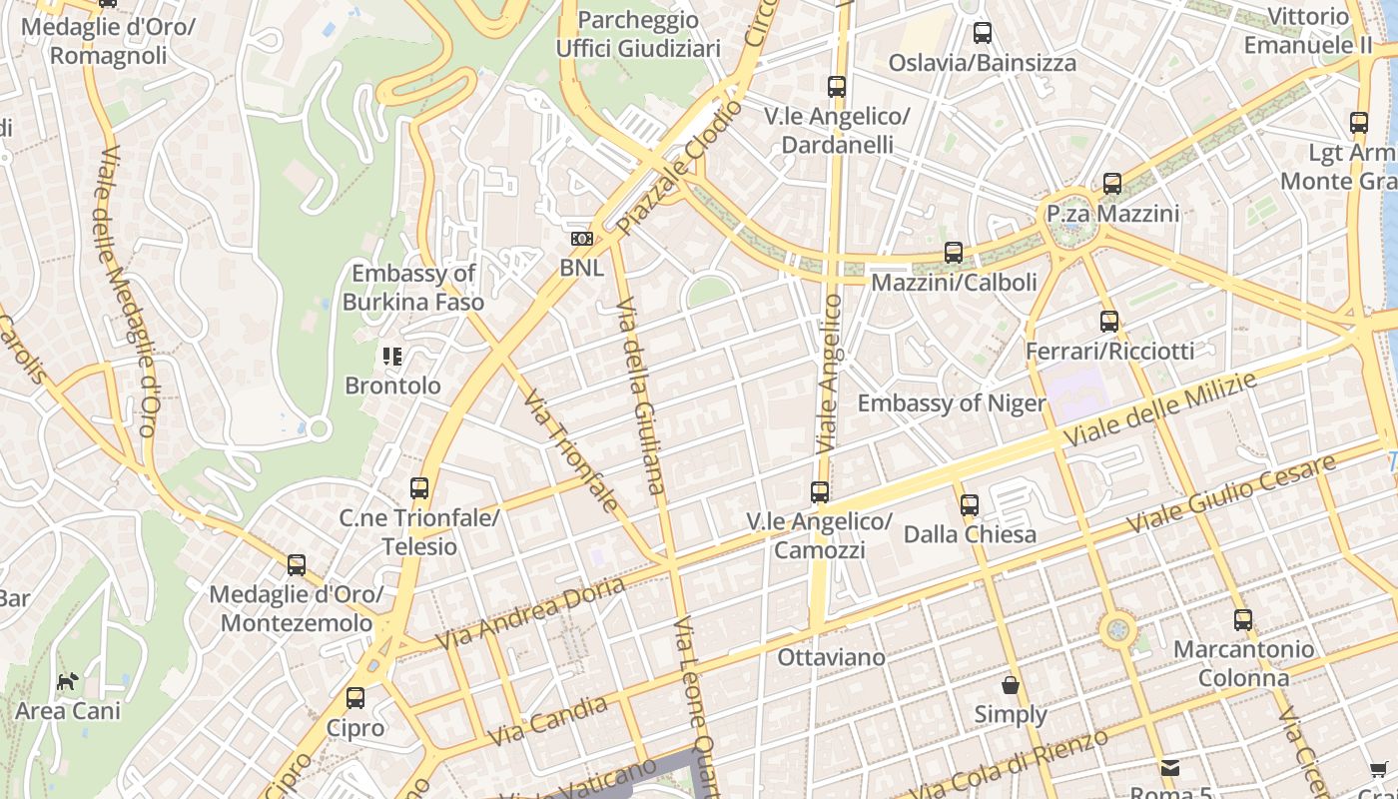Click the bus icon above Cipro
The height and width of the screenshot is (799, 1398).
(355, 698)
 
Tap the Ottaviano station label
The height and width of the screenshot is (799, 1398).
(831, 657)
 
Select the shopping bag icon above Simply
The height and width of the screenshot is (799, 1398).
(1011, 685)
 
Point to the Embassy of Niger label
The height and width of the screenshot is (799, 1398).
(952, 403)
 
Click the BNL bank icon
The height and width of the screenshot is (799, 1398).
(581, 239)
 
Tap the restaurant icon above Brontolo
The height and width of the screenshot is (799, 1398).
(392, 356)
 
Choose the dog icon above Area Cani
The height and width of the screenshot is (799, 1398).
(67, 682)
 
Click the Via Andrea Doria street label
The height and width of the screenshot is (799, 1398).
(529, 611)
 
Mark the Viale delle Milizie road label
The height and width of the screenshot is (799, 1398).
(1159, 408)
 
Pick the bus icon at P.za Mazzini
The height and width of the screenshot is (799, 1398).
(1112, 184)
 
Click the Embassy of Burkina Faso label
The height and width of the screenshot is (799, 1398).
(413, 288)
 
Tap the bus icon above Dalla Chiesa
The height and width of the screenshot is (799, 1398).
(969, 505)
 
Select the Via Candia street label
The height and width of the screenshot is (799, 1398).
(548, 721)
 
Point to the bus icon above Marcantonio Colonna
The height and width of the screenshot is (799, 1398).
(1243, 619)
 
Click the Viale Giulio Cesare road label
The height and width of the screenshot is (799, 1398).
(1230, 493)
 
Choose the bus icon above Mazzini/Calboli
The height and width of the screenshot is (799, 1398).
(954, 253)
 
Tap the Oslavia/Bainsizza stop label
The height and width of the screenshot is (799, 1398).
(983, 63)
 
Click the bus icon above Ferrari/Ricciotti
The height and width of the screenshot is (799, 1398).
(1109, 322)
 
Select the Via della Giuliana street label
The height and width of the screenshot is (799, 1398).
(640, 395)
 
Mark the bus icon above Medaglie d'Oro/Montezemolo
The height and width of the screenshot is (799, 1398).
(297, 565)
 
